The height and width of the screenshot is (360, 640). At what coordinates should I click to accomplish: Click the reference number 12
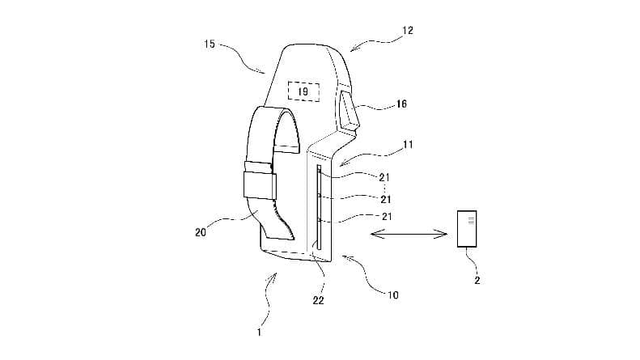407,31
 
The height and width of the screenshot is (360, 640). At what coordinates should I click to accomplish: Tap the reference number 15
210,44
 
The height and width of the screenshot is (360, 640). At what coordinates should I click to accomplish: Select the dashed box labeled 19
303,91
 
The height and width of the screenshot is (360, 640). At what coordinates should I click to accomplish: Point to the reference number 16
401,104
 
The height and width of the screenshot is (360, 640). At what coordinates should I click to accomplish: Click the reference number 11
407,145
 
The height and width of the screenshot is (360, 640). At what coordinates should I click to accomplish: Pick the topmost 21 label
384,177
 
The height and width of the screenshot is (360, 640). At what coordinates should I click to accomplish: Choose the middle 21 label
386,199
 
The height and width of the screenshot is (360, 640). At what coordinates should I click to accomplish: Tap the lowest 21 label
387,216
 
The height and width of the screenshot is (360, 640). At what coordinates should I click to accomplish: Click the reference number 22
318,300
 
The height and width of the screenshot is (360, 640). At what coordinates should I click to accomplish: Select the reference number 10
392,295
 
